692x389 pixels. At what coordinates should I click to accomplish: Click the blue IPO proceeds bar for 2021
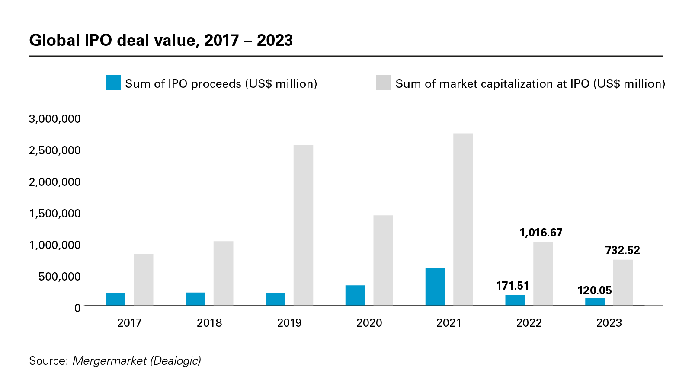435,287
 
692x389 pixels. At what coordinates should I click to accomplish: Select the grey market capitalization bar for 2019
303,225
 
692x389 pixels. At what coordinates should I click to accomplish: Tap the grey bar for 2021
463,220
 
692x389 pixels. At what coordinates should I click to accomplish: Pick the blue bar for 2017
115,300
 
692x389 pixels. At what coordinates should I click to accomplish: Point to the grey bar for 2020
383,261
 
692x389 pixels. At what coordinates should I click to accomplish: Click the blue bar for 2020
355,296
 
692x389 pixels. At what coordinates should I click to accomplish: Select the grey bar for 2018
223,274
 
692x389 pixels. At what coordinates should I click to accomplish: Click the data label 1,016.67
541,233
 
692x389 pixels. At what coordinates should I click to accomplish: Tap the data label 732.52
622,250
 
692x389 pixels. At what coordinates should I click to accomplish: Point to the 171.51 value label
513,286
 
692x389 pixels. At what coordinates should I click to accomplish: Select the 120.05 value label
594,290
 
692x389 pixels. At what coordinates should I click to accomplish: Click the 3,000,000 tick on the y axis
54,119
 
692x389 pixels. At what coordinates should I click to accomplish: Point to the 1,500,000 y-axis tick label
54,214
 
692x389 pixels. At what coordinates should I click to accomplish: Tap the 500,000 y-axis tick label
59,277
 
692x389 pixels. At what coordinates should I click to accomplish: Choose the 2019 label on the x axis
289,323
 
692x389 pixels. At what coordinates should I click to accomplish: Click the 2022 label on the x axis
529,323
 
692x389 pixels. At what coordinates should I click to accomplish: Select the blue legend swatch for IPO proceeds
113,83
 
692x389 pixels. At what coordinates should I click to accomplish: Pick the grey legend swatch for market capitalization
384,83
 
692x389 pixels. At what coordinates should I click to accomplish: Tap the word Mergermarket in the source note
109,361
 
